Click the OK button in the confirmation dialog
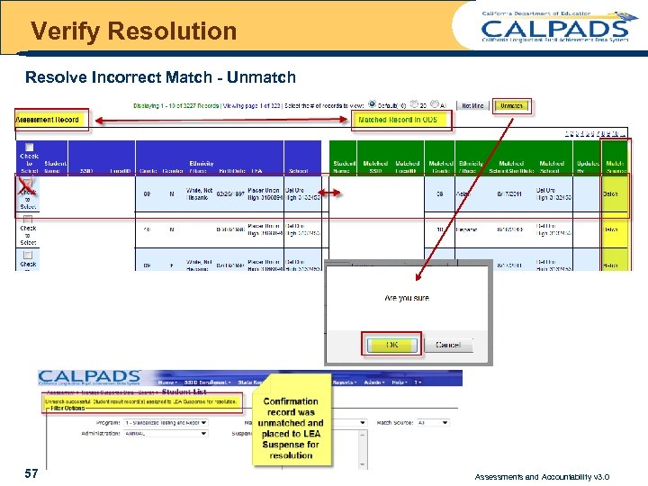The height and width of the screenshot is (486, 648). [x=391, y=344]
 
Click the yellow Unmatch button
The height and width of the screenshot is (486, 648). [x=512, y=106]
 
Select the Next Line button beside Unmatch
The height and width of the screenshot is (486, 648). [x=472, y=106]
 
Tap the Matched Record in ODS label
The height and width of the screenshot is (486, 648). [x=398, y=120]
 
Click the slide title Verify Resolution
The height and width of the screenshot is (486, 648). [x=133, y=31]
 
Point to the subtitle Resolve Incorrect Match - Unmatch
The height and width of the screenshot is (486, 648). [x=160, y=77]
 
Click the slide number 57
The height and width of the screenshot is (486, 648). [x=31, y=472]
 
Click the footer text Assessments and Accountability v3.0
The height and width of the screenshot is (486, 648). [x=542, y=476]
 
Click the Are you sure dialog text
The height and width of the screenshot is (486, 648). [x=407, y=298]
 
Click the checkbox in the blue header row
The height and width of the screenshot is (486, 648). [x=29, y=148]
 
